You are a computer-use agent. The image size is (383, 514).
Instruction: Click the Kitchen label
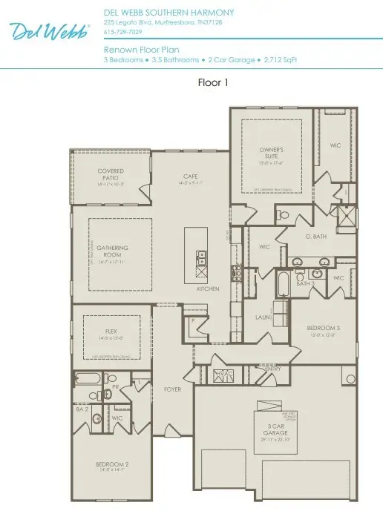(207, 289)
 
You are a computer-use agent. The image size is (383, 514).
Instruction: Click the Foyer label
(172, 389)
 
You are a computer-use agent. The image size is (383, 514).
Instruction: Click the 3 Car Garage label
(275, 428)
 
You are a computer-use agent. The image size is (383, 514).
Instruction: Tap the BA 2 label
(83, 409)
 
